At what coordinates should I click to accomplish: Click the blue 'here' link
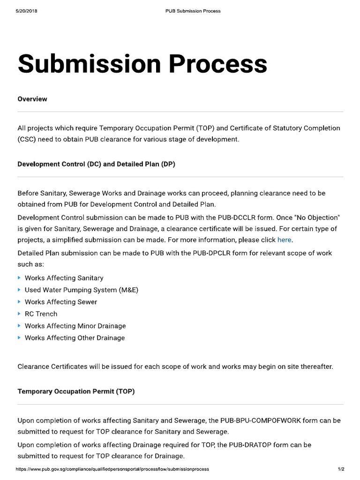[285, 240]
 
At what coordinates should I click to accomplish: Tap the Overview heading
[32, 99]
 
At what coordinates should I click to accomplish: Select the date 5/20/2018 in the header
[26, 11]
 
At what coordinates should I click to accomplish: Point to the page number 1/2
[341, 469]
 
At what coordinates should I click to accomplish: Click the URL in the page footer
[112, 469]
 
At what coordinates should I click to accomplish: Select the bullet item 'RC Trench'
[41, 314]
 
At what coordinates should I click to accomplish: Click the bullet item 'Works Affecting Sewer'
[61, 302]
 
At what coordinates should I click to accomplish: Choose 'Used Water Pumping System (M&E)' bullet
[82, 290]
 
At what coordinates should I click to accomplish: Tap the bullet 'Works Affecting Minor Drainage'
[75, 326]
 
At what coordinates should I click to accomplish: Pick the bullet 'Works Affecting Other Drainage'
[75, 337]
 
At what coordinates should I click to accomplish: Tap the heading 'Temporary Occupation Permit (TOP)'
[76, 391]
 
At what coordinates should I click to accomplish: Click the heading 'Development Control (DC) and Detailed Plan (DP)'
[96, 164]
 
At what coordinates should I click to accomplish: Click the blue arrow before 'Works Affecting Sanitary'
[19, 278]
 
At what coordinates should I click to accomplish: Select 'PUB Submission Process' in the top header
[193, 11]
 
